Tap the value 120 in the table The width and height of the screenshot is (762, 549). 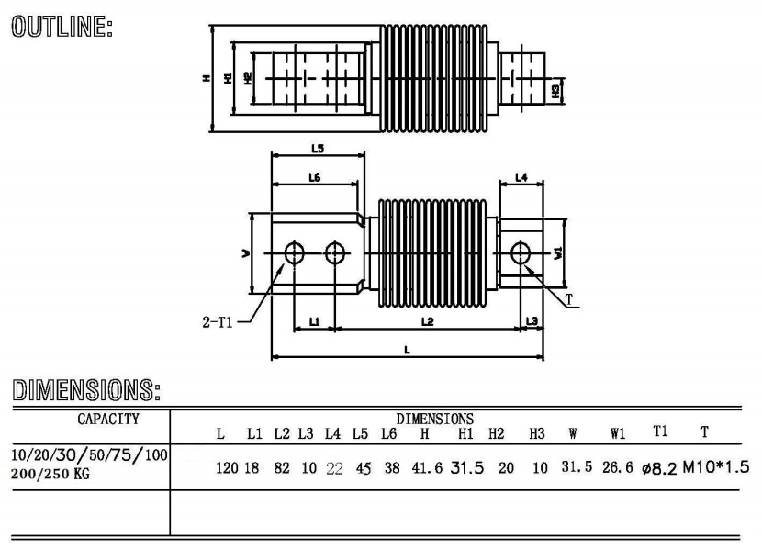(227, 468)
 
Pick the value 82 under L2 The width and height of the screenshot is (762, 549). (281, 468)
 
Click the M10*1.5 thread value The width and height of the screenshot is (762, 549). (716, 467)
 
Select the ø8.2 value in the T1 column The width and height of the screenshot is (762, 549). (652, 468)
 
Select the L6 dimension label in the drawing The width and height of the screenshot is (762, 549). (313, 177)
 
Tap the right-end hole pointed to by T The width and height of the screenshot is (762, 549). (521, 252)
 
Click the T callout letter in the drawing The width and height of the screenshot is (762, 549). (569, 299)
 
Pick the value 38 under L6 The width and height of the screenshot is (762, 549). (392, 468)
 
